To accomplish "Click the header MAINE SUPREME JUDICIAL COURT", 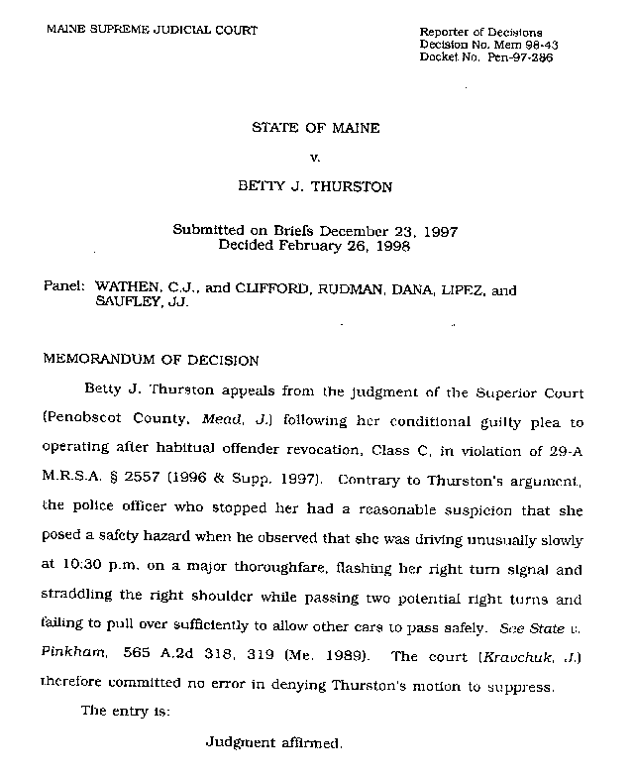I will pyautogui.click(x=152, y=30).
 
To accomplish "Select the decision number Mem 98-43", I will pyautogui.click(x=516, y=46).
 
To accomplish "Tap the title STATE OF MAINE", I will pyautogui.click(x=316, y=128).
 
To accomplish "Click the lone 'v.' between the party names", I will pyautogui.click(x=316, y=156).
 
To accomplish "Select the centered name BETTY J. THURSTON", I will pyautogui.click(x=316, y=184).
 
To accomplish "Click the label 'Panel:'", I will pyautogui.click(x=64, y=290).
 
